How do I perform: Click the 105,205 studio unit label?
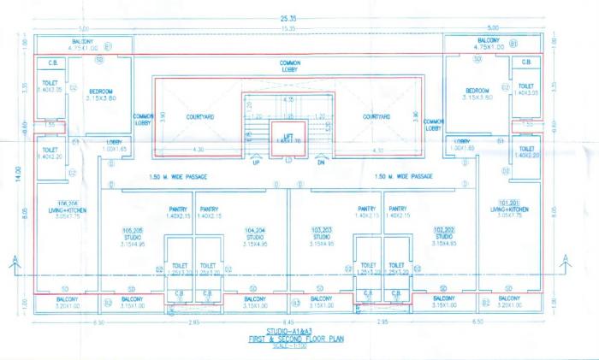tap(132, 234)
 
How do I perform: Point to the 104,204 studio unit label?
tap(252, 234)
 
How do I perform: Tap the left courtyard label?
tap(199, 117)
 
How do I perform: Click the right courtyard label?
tap(377, 117)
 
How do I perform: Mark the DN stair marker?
tap(322, 162)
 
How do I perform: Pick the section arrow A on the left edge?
tap(10, 261)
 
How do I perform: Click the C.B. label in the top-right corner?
tap(527, 62)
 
